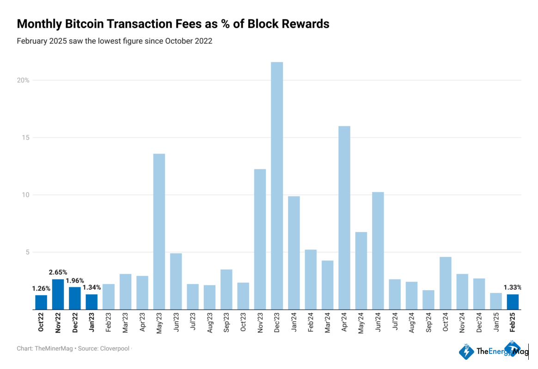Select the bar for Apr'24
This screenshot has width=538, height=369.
click(344, 217)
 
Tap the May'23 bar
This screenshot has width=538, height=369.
click(159, 231)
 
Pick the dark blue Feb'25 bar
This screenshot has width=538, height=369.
click(513, 302)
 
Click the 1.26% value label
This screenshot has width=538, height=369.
click(41, 289)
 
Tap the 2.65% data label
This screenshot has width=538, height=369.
click(58, 273)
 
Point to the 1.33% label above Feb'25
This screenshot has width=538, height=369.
click(512, 287)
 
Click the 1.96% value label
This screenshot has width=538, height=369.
click(75, 280)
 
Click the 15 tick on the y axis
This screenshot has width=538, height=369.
click(26, 137)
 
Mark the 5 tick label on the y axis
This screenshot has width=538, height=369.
click(27, 252)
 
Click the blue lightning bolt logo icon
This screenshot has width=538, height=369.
click(466, 351)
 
